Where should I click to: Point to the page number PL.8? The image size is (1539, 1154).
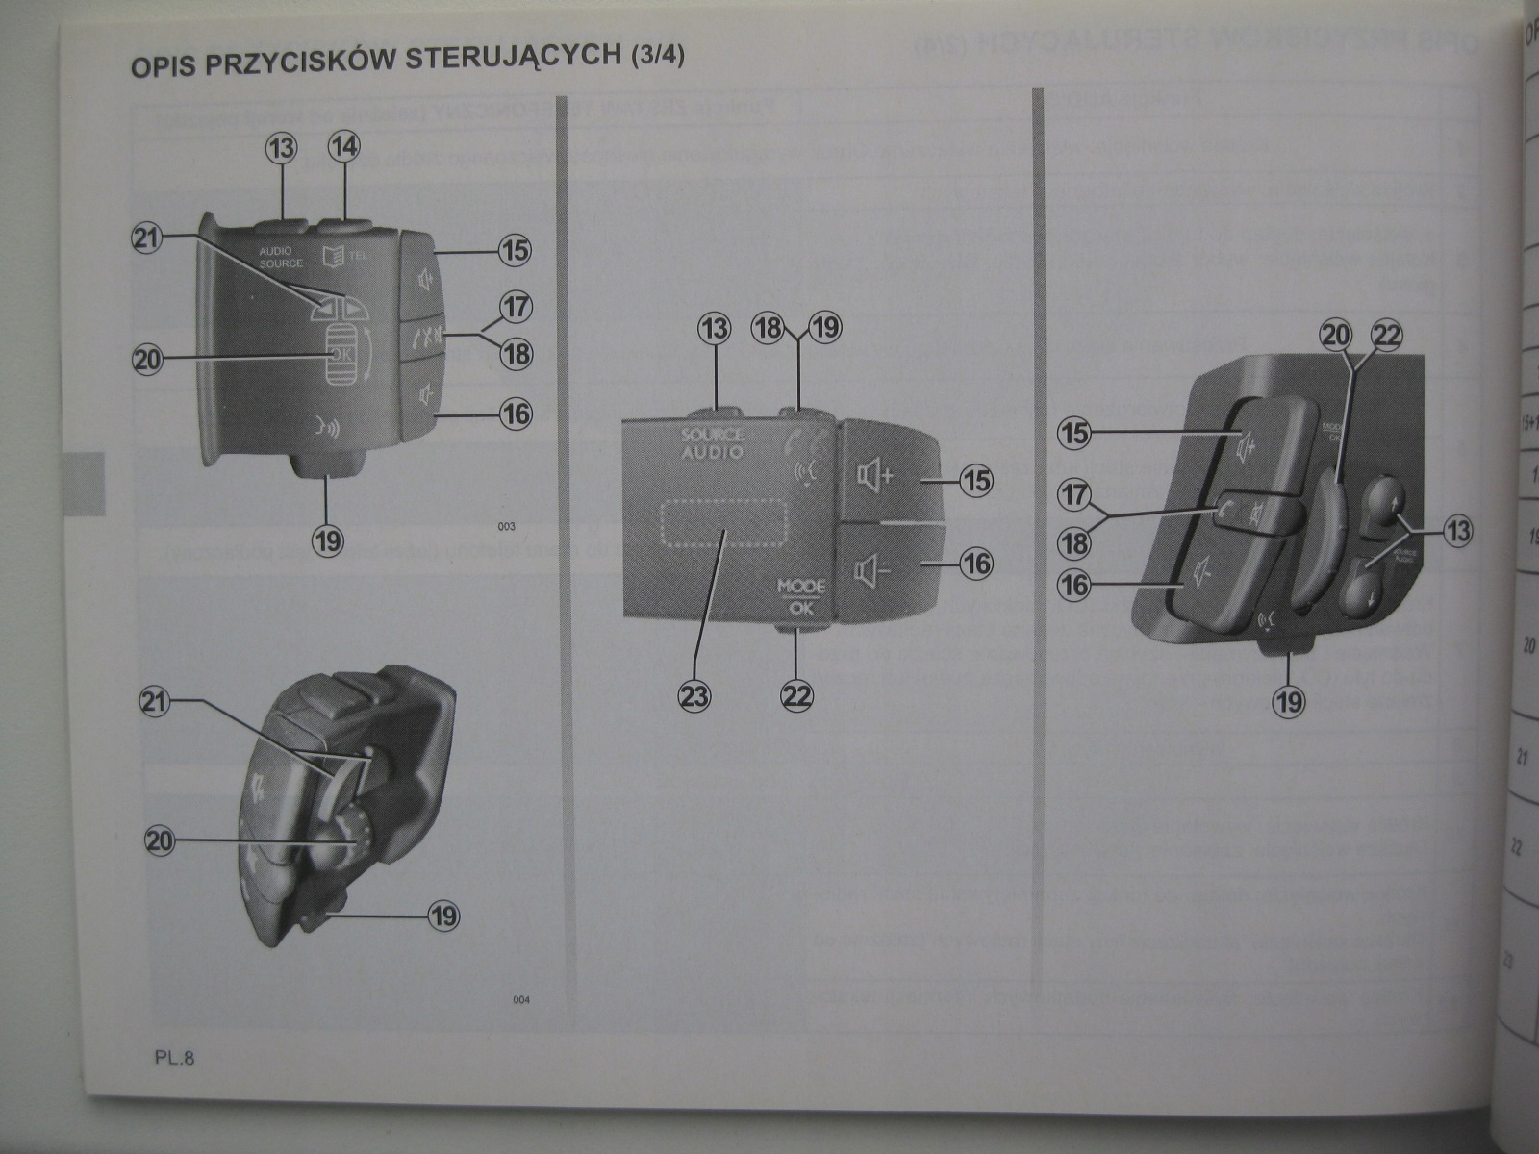pyautogui.click(x=174, y=1059)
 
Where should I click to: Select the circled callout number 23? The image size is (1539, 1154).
pyautogui.click(x=694, y=694)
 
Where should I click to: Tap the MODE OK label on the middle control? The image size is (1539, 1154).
pyautogui.click(x=801, y=595)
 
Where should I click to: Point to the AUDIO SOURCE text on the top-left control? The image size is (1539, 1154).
pyautogui.click(x=281, y=257)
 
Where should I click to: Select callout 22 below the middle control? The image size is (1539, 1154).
pyautogui.click(x=797, y=694)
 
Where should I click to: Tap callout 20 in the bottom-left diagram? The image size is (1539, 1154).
pyautogui.click(x=160, y=841)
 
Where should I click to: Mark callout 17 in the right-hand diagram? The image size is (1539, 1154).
pyautogui.click(x=1075, y=496)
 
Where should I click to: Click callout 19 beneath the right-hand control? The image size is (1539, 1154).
pyautogui.click(x=1289, y=701)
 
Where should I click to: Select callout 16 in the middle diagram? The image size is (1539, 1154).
pyautogui.click(x=976, y=563)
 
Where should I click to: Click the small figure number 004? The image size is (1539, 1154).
pyautogui.click(x=520, y=1000)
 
